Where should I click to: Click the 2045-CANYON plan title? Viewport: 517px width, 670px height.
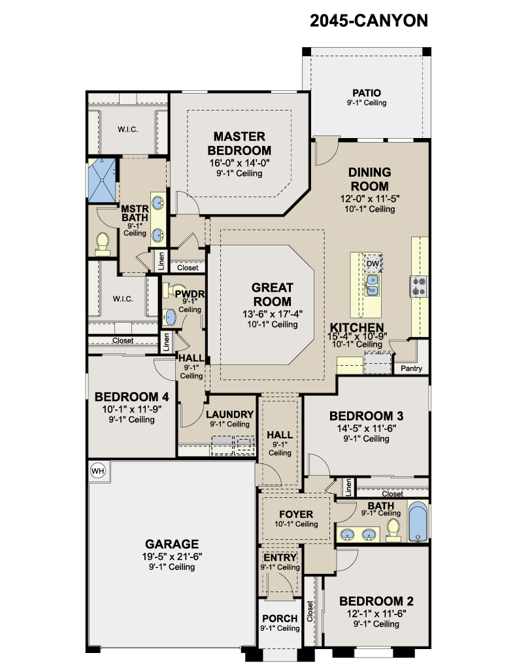click(x=369, y=20)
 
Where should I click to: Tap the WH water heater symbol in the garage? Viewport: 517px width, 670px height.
click(x=98, y=471)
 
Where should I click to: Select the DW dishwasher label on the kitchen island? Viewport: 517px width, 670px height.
click(x=373, y=264)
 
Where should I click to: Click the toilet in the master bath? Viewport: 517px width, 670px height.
click(x=103, y=244)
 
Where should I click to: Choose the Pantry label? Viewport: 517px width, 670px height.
click(x=411, y=368)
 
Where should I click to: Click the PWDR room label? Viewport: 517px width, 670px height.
click(x=190, y=294)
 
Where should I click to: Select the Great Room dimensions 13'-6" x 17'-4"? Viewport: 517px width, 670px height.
click(x=273, y=314)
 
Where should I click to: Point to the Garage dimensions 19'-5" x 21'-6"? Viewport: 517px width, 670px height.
click(x=172, y=556)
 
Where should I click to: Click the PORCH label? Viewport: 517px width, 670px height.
click(x=280, y=618)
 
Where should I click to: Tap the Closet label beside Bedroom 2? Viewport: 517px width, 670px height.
click(x=310, y=611)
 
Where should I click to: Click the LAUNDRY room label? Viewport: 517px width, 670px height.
click(x=229, y=414)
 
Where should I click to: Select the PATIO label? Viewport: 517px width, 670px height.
click(x=366, y=93)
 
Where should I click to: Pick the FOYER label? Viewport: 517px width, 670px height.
click(x=296, y=514)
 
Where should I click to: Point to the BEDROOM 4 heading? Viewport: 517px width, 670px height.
click(x=131, y=397)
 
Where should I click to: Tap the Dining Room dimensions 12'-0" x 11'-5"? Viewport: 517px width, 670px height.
click(x=370, y=199)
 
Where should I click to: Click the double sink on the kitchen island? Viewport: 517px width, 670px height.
click(x=373, y=285)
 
